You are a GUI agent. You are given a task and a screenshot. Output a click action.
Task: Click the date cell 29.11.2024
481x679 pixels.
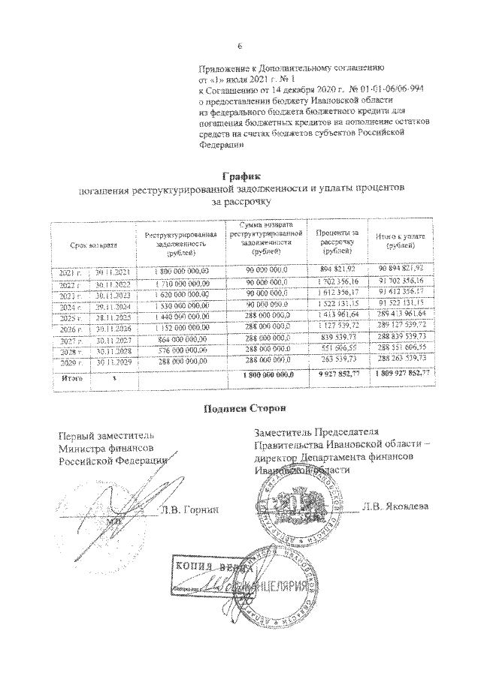coord(112,307)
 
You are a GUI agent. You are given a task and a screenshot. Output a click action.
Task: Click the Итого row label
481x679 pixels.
coord(71,379)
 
